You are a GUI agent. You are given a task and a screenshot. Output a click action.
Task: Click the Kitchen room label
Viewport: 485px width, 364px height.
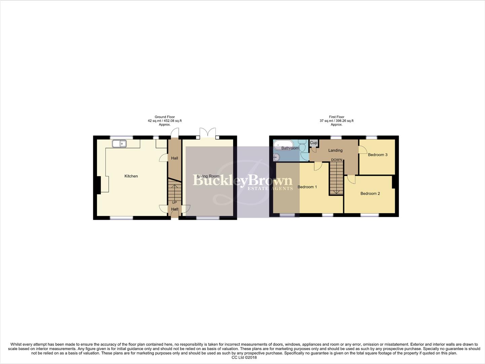tap(131, 176)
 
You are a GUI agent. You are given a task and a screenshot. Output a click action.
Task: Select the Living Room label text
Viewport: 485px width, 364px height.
tap(208, 176)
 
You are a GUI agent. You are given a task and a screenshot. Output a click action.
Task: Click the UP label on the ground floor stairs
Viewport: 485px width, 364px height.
tap(174, 203)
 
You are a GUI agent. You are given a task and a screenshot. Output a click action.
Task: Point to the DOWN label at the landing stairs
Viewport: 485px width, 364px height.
tap(336, 160)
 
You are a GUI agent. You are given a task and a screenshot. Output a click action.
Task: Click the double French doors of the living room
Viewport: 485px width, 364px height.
tap(208, 133)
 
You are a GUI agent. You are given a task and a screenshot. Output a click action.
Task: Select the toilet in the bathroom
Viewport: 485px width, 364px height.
tap(303, 147)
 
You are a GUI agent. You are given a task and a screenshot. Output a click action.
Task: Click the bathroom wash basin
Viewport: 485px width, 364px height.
tap(276, 157)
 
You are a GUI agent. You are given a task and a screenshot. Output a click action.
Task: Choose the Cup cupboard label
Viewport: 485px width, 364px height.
tap(313, 143)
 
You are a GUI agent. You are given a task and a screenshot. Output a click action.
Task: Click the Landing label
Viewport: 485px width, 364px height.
tap(335, 150)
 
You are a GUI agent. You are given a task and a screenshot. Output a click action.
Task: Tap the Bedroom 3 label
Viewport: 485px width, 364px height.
tap(378, 155)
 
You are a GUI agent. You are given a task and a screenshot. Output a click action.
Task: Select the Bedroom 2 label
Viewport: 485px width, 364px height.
tap(370, 193)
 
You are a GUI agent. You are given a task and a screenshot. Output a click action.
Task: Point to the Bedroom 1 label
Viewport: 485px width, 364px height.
tap(307, 187)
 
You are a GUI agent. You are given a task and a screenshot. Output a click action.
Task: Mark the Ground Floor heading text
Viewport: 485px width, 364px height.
tap(165, 117)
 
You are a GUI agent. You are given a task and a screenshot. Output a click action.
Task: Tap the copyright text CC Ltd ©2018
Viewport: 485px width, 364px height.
tap(244, 358)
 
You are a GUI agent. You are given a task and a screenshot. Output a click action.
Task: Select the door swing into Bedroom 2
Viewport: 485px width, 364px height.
tap(351, 180)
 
